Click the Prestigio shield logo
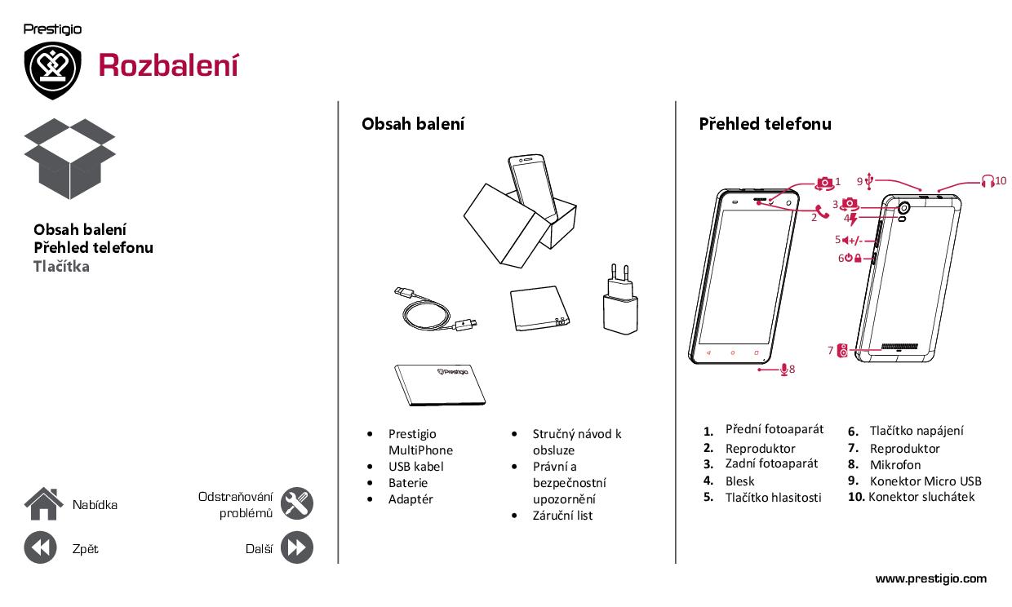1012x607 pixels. pyautogui.click(x=52, y=70)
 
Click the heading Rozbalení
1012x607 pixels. pyautogui.click(x=168, y=65)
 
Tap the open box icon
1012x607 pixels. pyautogui.click(x=69, y=158)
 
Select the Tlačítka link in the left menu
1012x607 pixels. pyautogui.click(x=61, y=267)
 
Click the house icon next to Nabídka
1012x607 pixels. pyautogui.click(x=43, y=503)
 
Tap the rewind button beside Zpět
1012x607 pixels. pyautogui.click(x=40, y=547)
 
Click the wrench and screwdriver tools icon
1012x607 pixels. pyautogui.click(x=297, y=503)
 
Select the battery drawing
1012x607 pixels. pyautogui.click(x=539, y=308)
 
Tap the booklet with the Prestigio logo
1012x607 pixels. pyautogui.click(x=440, y=385)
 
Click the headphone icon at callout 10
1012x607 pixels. pyautogui.click(x=988, y=181)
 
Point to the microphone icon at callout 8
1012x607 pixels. pyautogui.click(x=783, y=370)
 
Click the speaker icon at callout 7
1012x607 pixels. pyautogui.click(x=842, y=351)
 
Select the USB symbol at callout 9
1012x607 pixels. pyautogui.click(x=869, y=180)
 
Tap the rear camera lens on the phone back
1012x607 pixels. pyautogui.click(x=903, y=208)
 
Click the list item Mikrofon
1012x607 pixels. pyautogui.click(x=895, y=465)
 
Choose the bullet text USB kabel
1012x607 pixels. pyautogui.click(x=415, y=467)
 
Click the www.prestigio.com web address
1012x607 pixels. pyautogui.click(x=930, y=578)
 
